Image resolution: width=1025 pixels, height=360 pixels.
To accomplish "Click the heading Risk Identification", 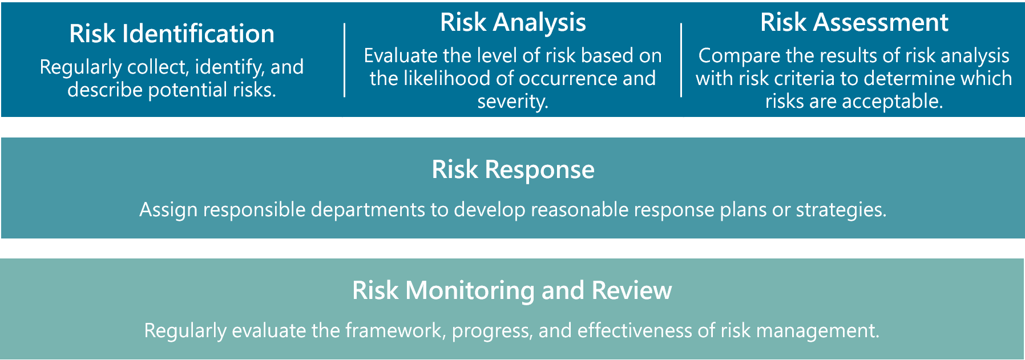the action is [172, 34].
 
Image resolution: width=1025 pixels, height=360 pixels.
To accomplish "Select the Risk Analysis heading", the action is [513, 22].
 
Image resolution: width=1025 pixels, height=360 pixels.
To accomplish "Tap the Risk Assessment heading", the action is [854, 22].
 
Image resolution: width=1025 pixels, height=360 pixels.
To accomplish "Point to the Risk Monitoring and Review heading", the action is [512, 290].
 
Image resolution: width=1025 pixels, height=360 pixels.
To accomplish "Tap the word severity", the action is [512, 102].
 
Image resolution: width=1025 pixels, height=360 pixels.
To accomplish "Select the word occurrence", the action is [568, 78].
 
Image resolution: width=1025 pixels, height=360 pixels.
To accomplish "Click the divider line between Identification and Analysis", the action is [345, 60].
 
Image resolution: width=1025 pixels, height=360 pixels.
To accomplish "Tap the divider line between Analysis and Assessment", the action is [681, 60].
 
